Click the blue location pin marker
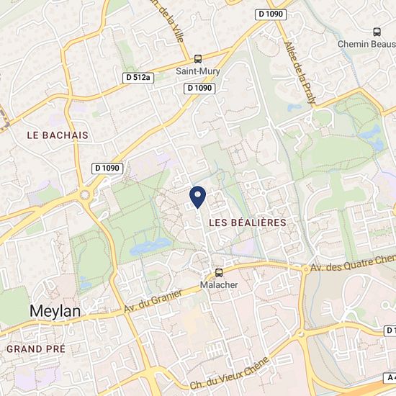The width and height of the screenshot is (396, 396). coord(197,197)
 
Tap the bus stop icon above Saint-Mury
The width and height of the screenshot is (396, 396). coord(198,59)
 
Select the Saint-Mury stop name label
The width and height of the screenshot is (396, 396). coord(198,71)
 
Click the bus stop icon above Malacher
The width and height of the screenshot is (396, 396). coord(219,273)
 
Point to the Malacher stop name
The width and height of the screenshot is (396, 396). coord(219,285)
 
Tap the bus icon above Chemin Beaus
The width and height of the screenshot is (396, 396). coord(377,32)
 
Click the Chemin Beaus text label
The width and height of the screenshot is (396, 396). coord(366,44)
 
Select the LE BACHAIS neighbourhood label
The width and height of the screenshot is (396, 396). coord(57,135)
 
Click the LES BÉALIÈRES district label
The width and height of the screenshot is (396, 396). coord(247,223)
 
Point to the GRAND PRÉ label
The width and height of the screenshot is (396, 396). coord(35,348)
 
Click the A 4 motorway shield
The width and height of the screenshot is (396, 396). coord(390,377)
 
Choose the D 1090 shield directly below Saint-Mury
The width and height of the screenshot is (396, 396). coord(200,88)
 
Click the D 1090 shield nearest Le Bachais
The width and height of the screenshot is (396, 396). coord(108,168)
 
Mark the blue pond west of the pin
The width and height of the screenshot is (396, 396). coord(150,247)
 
